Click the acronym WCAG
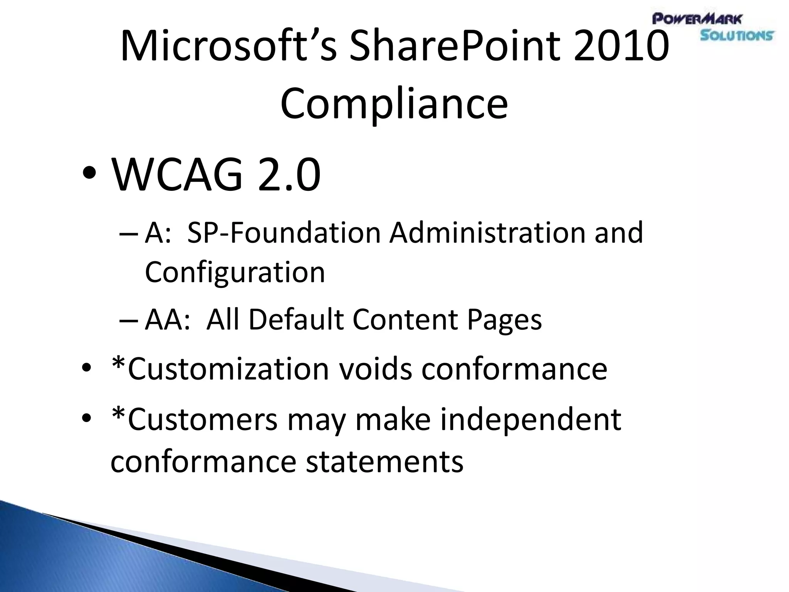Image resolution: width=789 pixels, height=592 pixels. (x=177, y=175)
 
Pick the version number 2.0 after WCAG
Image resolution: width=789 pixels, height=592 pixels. (x=289, y=175)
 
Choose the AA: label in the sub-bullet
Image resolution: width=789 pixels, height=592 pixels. (x=168, y=320)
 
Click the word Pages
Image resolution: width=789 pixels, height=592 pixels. (x=504, y=320)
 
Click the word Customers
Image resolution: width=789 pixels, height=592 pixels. (x=202, y=420)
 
